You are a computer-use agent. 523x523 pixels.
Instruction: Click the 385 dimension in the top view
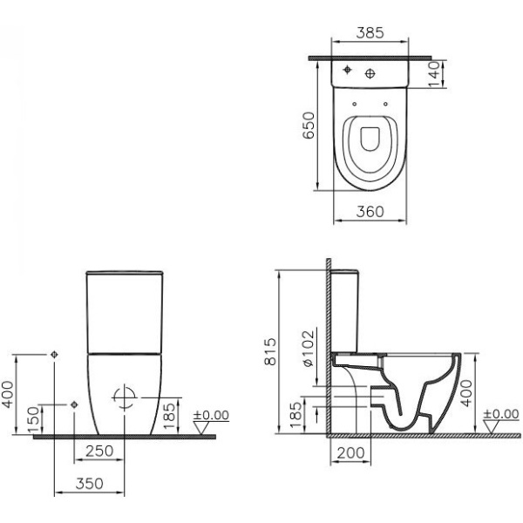(370, 33)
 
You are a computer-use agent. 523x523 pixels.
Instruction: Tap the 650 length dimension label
(309, 126)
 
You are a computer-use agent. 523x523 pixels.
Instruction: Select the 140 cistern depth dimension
(434, 74)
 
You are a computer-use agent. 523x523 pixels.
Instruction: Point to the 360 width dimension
(370, 212)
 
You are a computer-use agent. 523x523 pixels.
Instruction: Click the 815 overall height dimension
(270, 351)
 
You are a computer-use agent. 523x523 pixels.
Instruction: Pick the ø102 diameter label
(309, 349)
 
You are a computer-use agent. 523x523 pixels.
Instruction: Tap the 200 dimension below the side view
(350, 453)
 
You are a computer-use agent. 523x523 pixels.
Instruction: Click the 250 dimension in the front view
(99, 451)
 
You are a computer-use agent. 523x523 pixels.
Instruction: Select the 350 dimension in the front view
(90, 484)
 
